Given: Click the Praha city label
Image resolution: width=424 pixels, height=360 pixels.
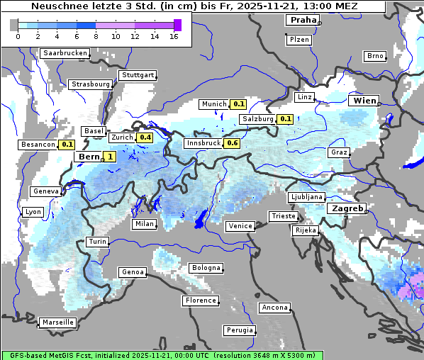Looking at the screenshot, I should (302, 20).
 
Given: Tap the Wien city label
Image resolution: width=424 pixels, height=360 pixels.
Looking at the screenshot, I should (364, 101).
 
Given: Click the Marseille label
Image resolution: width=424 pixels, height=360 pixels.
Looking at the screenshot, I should (57, 322).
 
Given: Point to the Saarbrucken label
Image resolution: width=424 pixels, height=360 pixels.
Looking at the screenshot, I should (65, 53).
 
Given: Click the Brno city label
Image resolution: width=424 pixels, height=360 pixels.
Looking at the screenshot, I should (374, 56).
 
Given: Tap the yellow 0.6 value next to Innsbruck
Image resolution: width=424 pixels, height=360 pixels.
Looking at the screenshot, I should (232, 143).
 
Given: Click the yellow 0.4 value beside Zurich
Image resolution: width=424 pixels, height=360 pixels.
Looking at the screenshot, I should (145, 137).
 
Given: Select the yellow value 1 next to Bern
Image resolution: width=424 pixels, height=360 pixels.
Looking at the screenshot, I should (110, 157).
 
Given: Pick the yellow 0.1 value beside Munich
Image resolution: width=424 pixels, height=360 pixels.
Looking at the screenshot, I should (238, 104).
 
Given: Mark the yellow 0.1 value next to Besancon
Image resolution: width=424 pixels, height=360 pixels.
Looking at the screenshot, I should (67, 145).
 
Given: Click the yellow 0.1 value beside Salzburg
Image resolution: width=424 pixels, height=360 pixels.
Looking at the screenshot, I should (285, 119).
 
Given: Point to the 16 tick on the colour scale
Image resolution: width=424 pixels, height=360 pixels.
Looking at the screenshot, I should (174, 36).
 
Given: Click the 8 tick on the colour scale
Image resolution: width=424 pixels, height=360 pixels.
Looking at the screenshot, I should (96, 36).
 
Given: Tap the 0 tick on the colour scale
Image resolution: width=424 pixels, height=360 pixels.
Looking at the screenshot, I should (18, 36).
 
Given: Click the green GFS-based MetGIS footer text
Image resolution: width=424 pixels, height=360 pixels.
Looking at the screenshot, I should (162, 355).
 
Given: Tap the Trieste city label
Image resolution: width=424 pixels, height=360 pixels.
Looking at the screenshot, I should (282, 216).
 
